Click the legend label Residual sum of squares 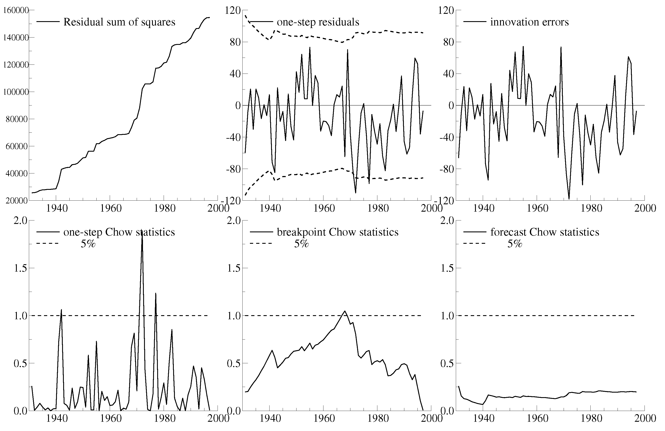pos(119,22)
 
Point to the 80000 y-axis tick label pos(17,119)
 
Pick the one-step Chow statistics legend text pos(119,232)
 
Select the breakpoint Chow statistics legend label pos(337,232)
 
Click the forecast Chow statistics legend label pos(545,232)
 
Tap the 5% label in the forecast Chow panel pos(515,244)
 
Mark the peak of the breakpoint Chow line pos(345,311)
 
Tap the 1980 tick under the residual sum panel pos(164,208)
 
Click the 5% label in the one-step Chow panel pos(88,244)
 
